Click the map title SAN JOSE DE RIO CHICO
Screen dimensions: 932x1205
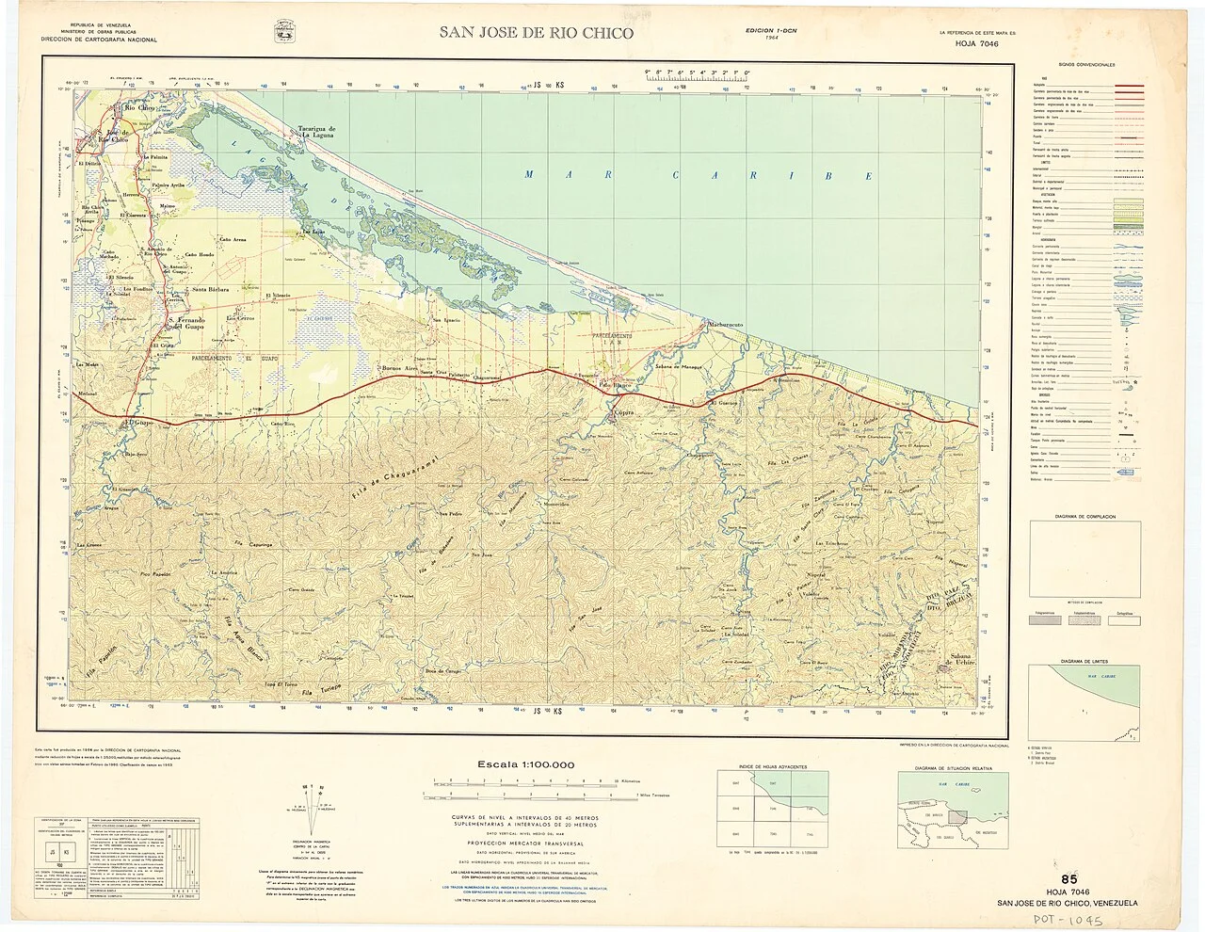click(x=537, y=33)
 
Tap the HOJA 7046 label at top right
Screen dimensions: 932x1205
click(x=977, y=43)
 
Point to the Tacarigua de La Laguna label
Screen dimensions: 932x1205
click(x=318, y=131)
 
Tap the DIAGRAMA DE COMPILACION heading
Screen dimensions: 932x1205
click(x=1084, y=517)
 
